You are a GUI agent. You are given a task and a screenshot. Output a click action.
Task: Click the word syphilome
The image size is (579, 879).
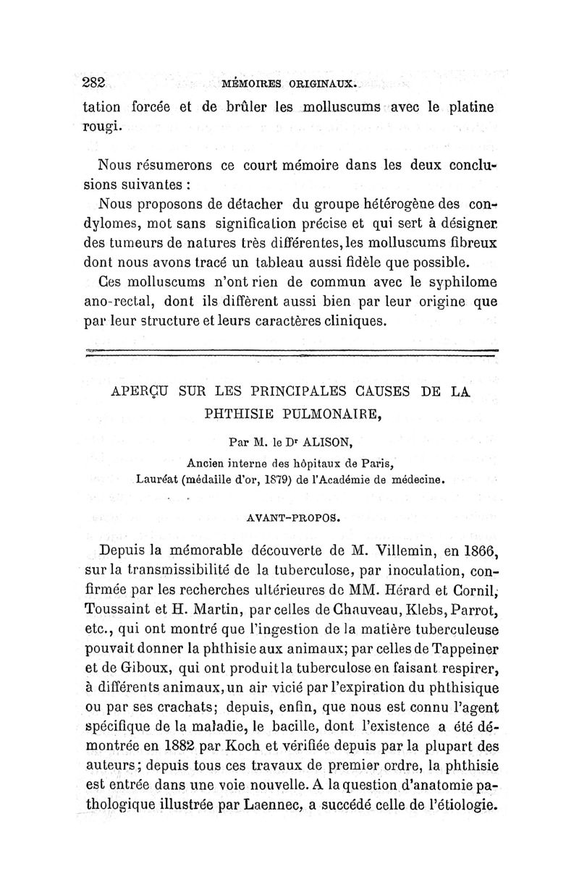pos(452,281)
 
